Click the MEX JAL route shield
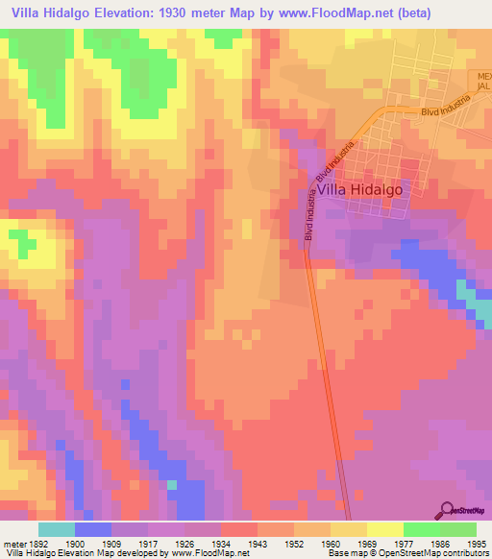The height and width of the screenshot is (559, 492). click(x=483, y=81)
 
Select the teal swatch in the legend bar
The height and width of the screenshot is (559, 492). click(x=57, y=529)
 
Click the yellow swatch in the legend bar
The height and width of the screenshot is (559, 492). click(x=384, y=529)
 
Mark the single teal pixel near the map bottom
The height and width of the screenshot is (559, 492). click(x=172, y=485)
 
